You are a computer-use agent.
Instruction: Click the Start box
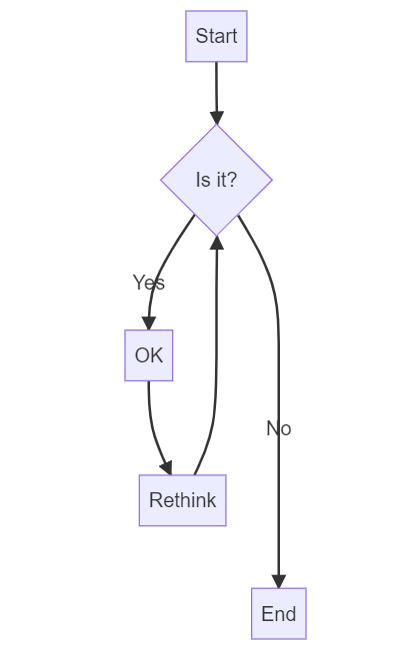[x=216, y=37]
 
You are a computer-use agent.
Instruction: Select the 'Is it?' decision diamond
[x=216, y=180]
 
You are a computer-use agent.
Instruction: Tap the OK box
[x=148, y=355]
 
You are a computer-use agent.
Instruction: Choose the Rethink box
[x=182, y=500]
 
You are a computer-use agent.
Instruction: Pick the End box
[x=278, y=613]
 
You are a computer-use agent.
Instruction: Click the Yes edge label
[x=148, y=283]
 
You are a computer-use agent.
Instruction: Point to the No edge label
[x=278, y=428]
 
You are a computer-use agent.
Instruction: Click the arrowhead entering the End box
[x=278, y=581]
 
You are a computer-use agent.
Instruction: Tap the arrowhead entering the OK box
[x=148, y=323]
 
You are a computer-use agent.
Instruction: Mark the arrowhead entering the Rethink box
[x=166, y=467]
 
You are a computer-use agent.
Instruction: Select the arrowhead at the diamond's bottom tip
[x=216, y=243]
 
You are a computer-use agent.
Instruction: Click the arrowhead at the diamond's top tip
[x=216, y=117]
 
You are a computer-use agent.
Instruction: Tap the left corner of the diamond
[x=163, y=180]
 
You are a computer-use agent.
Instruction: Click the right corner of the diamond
[x=270, y=180]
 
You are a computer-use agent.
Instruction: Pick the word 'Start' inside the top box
[x=216, y=37]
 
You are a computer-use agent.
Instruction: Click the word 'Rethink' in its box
[x=182, y=500]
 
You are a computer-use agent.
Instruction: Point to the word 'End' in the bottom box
[x=278, y=614]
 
